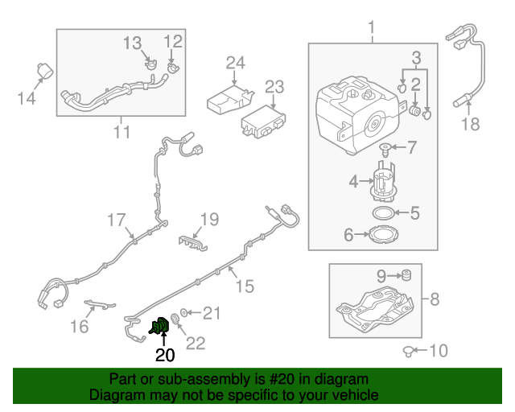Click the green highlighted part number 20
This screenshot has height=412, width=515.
[x=160, y=326]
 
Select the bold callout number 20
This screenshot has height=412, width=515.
[x=164, y=354]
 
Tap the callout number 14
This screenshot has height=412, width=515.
[x=27, y=98]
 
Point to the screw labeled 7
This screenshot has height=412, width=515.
[x=387, y=148]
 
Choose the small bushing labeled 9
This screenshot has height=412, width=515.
[x=406, y=276]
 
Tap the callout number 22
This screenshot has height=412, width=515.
[x=196, y=344]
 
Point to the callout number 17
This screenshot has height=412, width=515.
[x=117, y=219]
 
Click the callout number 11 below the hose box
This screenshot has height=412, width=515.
[x=121, y=132]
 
